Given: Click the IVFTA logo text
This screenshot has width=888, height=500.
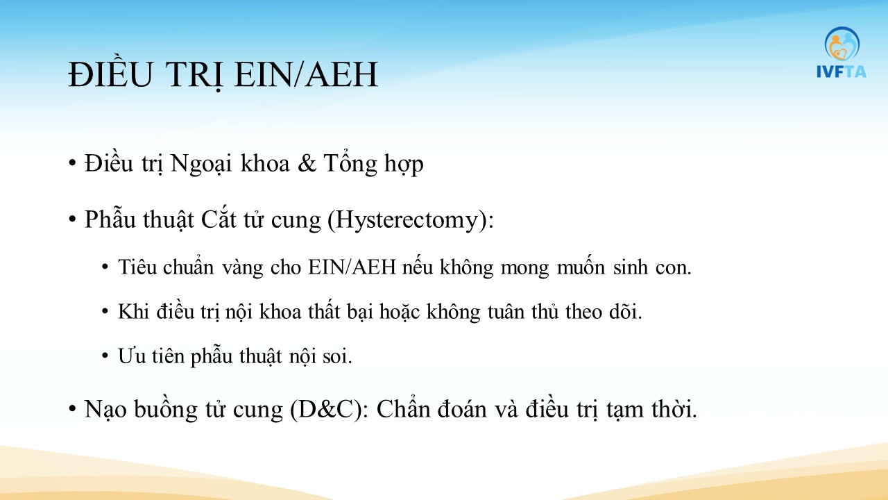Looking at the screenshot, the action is point(842,72).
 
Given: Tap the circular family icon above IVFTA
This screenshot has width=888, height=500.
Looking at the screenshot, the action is point(842,44).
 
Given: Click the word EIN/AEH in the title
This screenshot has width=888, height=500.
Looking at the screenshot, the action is point(306,74).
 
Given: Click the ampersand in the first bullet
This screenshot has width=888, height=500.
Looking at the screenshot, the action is point(307,163).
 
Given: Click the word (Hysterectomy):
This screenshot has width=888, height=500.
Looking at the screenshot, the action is point(411,220).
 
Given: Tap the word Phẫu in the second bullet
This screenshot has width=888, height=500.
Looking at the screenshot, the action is point(110,220).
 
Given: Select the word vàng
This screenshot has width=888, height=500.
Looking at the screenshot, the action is point(243,268).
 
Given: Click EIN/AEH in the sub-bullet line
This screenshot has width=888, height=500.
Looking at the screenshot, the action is point(352,267).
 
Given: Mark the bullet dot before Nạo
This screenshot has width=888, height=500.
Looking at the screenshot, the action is point(72,409).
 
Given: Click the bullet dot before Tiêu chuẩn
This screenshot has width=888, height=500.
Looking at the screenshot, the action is point(105,267).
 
